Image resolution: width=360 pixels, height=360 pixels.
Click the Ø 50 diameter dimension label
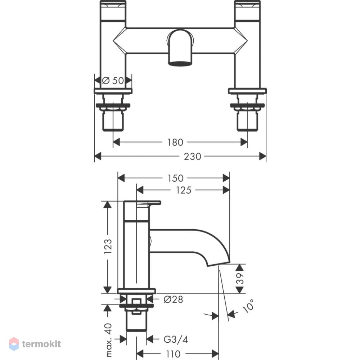(113, 81)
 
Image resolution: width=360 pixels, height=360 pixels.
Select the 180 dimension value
(175, 142)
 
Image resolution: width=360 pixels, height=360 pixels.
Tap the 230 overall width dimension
(192, 157)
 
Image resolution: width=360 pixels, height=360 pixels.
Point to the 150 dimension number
(175, 179)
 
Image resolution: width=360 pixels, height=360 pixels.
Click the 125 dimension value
(184, 190)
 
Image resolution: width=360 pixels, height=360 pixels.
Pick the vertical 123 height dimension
(108, 246)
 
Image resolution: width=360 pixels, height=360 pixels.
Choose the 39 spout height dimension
(240, 279)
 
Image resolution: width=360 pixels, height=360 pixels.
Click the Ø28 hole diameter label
(174, 300)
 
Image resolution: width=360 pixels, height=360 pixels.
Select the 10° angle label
(248, 306)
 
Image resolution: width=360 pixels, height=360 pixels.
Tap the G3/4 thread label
(176, 339)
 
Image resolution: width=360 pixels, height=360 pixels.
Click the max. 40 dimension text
(108, 340)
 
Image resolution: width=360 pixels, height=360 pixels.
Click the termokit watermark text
(41, 344)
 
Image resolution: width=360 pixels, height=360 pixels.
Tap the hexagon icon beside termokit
(14, 344)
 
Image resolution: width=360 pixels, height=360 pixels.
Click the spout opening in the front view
(180, 63)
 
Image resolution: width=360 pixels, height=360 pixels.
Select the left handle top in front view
(113, 10)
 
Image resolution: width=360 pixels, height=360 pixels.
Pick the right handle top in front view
(247, 10)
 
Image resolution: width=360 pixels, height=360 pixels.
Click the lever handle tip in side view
(160, 202)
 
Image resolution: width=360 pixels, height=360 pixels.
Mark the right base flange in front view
(247, 91)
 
